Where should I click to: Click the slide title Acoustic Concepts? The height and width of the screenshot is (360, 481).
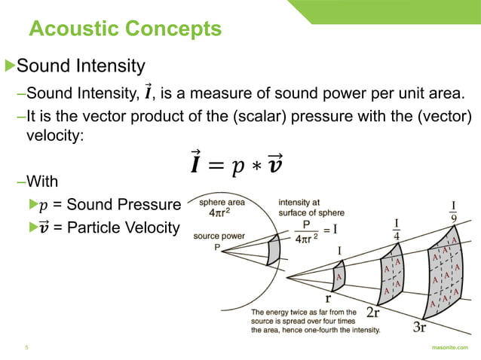point(125,29)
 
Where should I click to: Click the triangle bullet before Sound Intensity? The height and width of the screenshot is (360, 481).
point(10,66)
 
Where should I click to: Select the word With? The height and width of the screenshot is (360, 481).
point(41,182)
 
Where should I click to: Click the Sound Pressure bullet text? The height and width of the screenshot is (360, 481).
point(109,205)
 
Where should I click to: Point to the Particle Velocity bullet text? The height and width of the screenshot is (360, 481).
point(109,227)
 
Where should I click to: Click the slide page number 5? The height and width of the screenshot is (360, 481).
point(26,348)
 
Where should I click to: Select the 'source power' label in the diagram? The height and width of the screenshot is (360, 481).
point(219,236)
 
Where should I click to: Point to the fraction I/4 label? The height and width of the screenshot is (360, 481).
point(397,227)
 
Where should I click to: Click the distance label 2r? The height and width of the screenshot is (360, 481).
point(372,312)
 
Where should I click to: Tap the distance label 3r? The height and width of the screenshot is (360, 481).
point(420,327)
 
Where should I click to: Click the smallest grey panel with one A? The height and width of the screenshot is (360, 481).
point(339,276)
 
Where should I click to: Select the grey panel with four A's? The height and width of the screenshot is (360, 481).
point(391,275)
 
